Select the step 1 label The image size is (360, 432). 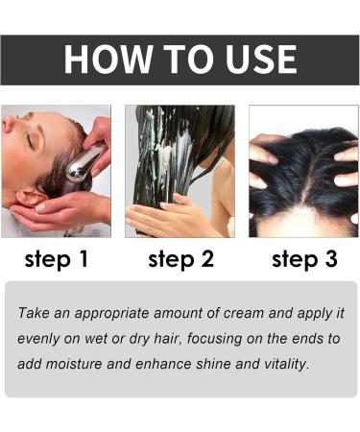tap(56, 260)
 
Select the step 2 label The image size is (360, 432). tap(180, 260)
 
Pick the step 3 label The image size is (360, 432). tap(303, 260)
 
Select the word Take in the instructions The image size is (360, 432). tap(36, 314)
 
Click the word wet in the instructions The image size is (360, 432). tap(91, 339)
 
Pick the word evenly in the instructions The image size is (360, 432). tap(41, 339)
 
